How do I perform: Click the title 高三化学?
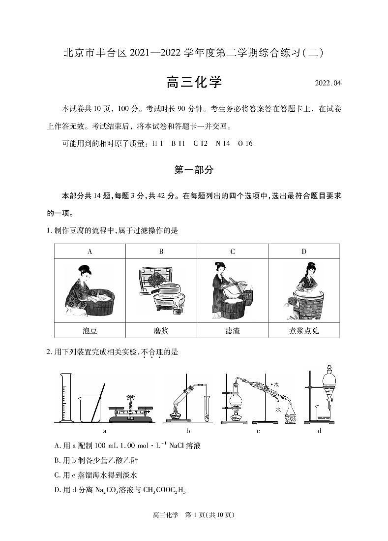tap(194, 82)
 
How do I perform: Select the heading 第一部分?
tap(194, 170)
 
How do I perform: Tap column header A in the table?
tap(90, 252)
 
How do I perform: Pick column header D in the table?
tap(303, 252)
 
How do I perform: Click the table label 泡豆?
tap(90, 331)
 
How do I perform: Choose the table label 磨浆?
tap(161, 331)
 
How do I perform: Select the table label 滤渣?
tap(232, 331)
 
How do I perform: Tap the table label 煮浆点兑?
tap(303, 331)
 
